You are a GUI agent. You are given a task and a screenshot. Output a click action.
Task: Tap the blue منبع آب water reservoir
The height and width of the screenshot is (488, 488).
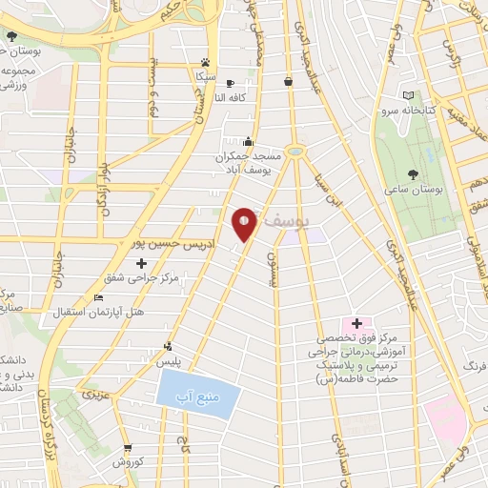click(x=194, y=392)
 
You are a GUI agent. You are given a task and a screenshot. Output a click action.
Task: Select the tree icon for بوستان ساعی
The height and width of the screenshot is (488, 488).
click(x=412, y=174)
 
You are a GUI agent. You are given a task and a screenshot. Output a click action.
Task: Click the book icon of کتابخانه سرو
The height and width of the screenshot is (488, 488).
click(x=409, y=96)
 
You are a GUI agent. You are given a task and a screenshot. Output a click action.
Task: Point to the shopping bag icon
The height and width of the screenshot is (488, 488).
click(x=287, y=82)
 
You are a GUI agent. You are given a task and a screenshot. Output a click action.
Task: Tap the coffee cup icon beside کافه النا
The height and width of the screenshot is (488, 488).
click(x=230, y=83)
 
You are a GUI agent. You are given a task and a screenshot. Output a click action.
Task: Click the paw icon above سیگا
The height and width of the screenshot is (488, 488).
click(x=204, y=59)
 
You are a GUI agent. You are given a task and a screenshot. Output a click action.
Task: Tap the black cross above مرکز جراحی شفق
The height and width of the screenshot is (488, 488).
click(x=141, y=262)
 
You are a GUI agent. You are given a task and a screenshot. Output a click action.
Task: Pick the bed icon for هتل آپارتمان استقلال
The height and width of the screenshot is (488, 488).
click(x=99, y=297)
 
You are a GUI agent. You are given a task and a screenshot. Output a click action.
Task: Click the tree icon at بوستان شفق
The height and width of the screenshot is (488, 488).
click(x=11, y=37)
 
